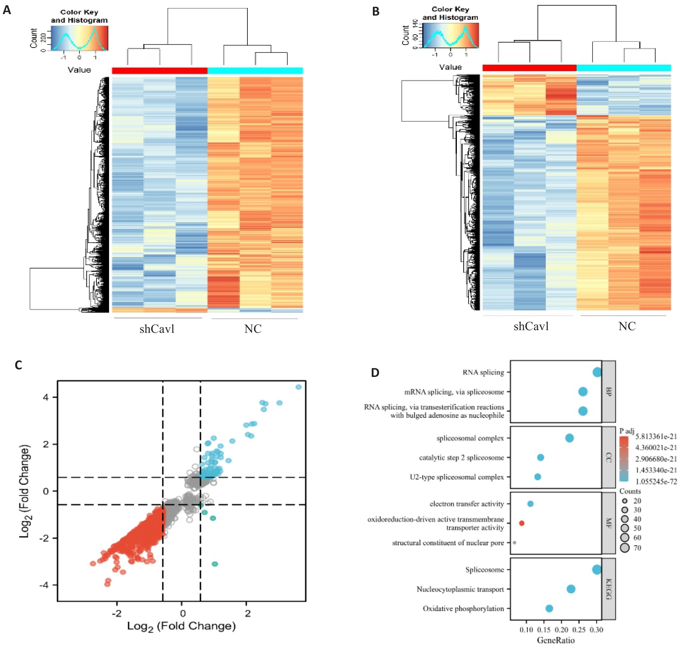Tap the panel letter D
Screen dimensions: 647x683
point(375,372)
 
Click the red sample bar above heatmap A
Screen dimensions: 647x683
point(160,70)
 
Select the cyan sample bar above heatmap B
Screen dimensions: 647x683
point(624,68)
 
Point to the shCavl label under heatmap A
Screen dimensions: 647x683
point(157,329)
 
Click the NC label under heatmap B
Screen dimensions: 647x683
point(627,326)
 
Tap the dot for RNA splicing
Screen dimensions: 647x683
point(597,372)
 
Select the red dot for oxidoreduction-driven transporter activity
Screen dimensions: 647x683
point(522,523)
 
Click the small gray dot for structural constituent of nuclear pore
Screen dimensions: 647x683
point(515,543)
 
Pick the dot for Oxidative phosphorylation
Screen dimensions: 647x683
point(549,609)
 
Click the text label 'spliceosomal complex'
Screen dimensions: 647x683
point(470,438)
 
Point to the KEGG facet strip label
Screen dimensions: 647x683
point(609,589)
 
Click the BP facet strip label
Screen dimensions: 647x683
point(609,391)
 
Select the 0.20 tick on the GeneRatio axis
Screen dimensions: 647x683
point(562,630)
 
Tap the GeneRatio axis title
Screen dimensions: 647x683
point(556,641)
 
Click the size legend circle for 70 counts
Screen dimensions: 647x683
point(625,548)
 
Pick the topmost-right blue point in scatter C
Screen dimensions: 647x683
point(298,387)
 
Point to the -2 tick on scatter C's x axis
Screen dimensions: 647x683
point(117,613)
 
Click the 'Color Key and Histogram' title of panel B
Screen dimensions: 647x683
point(450,13)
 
